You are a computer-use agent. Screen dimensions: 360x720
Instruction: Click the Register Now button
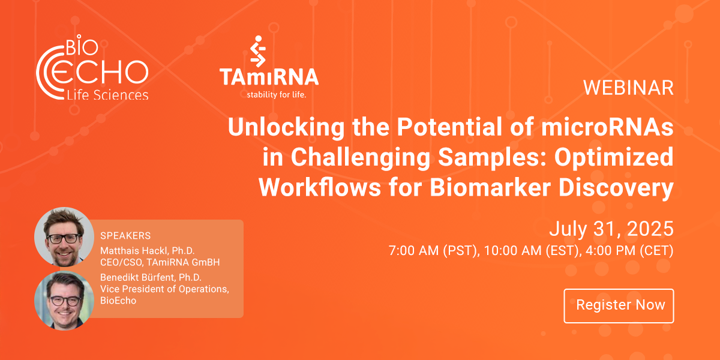[x=619, y=305]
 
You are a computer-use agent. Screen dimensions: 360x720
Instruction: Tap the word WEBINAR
[x=628, y=88]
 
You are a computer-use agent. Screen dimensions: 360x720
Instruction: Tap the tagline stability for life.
[x=281, y=94]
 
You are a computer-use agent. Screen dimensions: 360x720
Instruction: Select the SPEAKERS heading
[x=125, y=235]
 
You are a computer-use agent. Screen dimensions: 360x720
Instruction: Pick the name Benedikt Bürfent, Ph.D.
[x=151, y=277]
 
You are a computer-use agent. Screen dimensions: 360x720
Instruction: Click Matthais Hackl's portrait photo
[x=64, y=236]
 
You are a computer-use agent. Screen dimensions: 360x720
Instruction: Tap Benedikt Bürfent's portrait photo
[x=64, y=300]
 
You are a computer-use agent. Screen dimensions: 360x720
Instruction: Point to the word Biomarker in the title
[x=484, y=188]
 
